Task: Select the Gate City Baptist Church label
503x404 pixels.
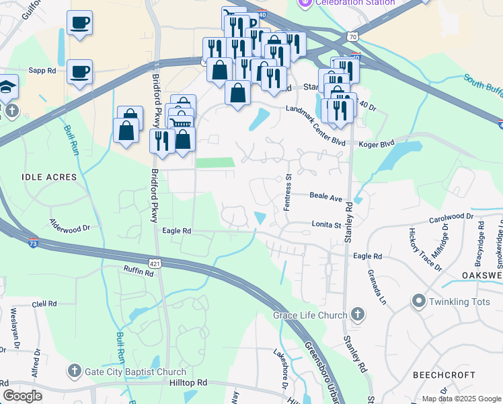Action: (135, 372)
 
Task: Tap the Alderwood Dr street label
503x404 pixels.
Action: (69, 224)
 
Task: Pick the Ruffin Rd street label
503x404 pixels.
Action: (139, 271)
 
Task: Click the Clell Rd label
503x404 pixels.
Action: (44, 304)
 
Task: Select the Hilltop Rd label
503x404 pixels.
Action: (188, 382)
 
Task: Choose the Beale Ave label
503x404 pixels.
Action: (326, 196)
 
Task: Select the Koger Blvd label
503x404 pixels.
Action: (377, 143)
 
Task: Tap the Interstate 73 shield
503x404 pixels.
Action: (33, 244)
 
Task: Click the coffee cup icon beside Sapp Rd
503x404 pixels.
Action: (79, 71)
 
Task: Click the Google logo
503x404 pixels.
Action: (22, 396)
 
